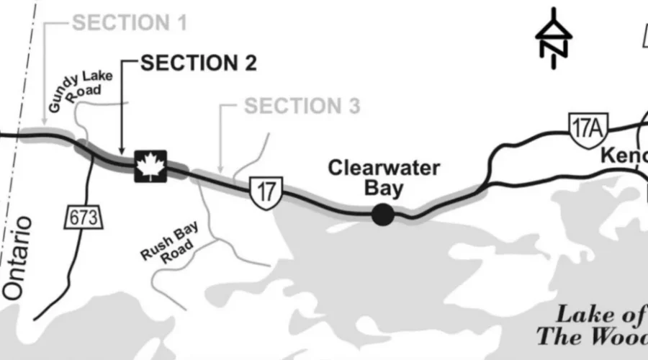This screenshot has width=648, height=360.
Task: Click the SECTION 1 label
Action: [130, 22]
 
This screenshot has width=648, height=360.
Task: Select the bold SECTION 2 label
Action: [199, 63]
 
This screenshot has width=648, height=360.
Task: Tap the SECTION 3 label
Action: [302, 107]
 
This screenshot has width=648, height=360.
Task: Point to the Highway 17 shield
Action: [266, 191]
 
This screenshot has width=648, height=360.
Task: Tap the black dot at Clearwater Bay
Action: [382, 214]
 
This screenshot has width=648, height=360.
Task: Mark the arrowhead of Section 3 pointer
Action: [220, 169]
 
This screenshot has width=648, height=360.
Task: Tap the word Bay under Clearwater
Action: [384, 189]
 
